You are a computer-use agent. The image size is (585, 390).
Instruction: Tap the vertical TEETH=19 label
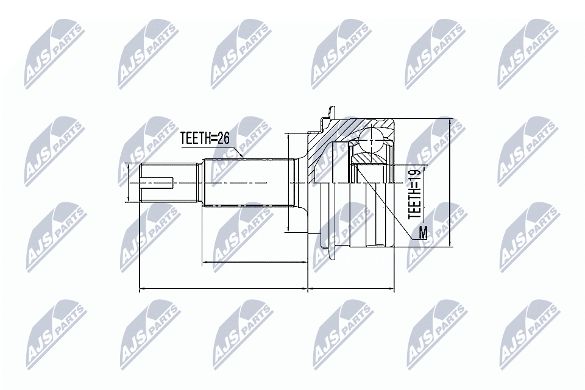414,194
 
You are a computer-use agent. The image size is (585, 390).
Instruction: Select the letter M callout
423,232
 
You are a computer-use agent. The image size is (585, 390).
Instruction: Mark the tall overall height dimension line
449,183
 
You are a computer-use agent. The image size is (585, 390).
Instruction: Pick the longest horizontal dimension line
224,289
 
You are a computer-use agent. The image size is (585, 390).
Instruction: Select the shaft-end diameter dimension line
128,182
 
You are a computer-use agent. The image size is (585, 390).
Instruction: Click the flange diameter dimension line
287,182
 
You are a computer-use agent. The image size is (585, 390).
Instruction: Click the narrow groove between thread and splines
204,182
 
